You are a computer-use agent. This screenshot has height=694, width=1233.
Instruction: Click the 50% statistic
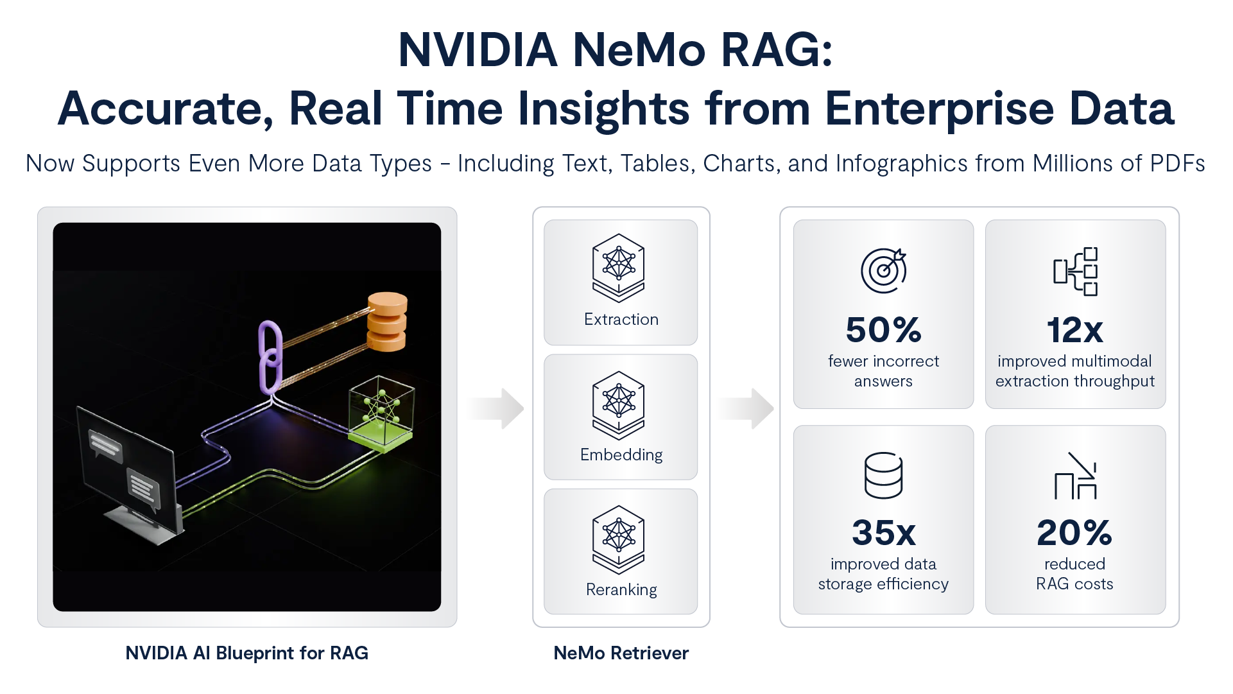pos(883,330)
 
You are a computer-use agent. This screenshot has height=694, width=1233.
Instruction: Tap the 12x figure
pos(1074,330)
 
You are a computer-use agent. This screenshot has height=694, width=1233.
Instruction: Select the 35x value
pos(883,532)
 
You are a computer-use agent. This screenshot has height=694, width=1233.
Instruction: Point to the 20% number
pos(1074,532)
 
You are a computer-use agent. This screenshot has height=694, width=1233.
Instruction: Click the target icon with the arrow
pos(883,270)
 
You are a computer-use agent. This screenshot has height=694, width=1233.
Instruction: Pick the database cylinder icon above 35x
pos(883,475)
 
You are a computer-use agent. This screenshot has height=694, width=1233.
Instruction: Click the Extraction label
pos(621,319)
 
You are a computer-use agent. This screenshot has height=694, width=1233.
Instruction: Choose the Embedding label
pos(621,455)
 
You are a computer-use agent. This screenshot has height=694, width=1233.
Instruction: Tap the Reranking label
pos(621,589)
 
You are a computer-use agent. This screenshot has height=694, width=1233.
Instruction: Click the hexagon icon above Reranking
pos(618,539)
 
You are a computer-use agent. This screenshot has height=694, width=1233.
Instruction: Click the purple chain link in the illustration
pos(270,356)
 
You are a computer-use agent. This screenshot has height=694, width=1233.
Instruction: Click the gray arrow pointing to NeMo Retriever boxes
pos(494,408)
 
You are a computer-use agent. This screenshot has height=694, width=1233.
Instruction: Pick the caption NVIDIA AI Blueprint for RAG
pos(246,653)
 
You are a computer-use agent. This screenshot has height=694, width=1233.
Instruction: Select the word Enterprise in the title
pos(939,108)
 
